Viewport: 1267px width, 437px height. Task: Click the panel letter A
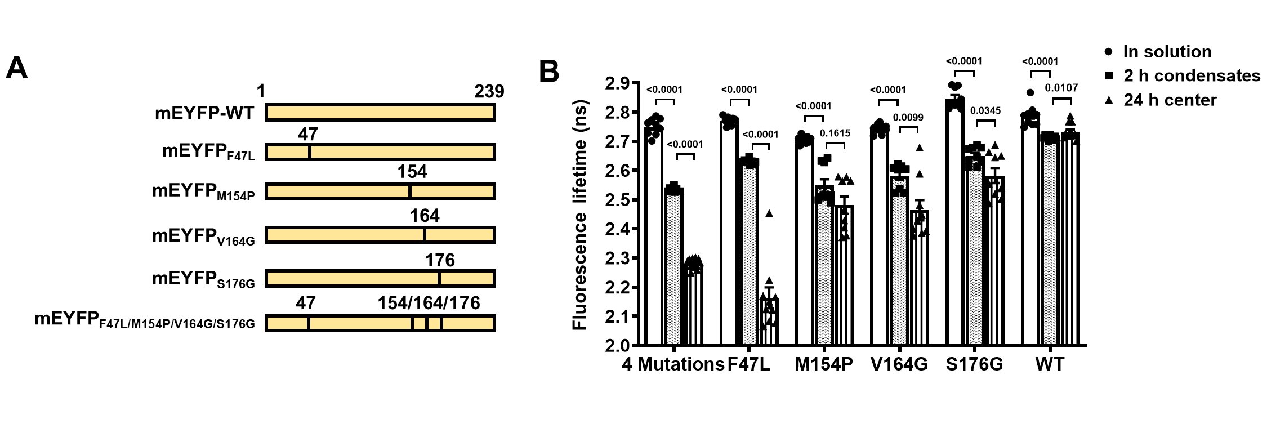point(17,68)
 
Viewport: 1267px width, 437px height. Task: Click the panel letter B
point(549,72)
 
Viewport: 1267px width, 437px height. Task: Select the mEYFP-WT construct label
point(204,113)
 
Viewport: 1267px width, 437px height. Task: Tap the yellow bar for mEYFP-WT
point(380,113)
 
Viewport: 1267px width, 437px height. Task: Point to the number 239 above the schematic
point(489,91)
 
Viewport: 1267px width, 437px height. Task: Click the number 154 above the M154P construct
point(412,172)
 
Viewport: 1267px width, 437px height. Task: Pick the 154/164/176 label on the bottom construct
point(429,303)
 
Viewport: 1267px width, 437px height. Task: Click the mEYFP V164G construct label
point(203,237)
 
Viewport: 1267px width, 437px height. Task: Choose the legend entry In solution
point(1167,52)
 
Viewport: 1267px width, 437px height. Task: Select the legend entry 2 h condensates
point(1192,75)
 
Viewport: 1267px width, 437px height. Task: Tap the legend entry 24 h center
point(1170,100)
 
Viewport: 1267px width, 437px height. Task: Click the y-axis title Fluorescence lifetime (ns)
point(580,215)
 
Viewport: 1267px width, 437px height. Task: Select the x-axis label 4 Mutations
point(672,364)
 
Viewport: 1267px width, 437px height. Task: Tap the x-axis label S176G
point(974,364)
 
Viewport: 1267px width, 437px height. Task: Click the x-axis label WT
point(1050,364)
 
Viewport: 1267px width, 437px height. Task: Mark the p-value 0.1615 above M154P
point(835,133)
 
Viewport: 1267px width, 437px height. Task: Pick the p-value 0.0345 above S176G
point(985,111)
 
